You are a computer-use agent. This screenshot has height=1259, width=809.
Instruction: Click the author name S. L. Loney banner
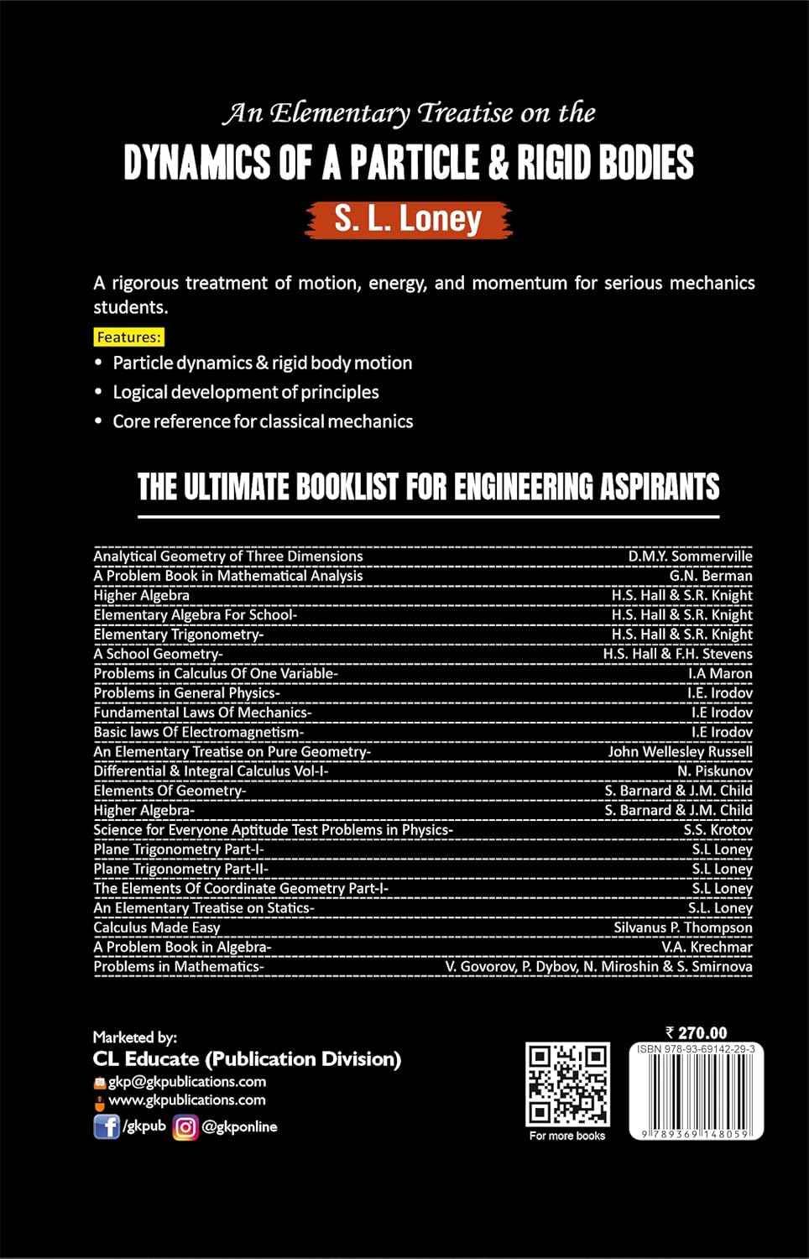[x=408, y=218]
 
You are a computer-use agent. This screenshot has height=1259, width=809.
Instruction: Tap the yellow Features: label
[x=128, y=337]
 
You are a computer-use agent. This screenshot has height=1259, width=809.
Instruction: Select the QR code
[x=567, y=1084]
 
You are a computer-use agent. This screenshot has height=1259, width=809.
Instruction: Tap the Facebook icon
[x=106, y=1126]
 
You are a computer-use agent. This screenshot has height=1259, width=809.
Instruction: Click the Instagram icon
[x=185, y=1126]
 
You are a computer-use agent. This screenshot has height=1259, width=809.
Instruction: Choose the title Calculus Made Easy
[x=157, y=927]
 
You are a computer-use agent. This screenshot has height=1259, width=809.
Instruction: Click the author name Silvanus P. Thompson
[x=683, y=927]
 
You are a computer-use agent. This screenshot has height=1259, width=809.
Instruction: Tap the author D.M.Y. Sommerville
[x=690, y=556]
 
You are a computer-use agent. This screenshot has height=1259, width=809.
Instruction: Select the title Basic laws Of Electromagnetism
[x=198, y=732]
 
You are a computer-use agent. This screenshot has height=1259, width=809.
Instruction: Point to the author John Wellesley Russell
[x=680, y=751]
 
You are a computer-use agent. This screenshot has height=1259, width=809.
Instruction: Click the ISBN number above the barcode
[x=696, y=1049]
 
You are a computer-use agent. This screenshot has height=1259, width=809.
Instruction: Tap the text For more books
[x=567, y=1136]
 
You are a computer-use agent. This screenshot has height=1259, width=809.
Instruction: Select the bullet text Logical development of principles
[x=246, y=392]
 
